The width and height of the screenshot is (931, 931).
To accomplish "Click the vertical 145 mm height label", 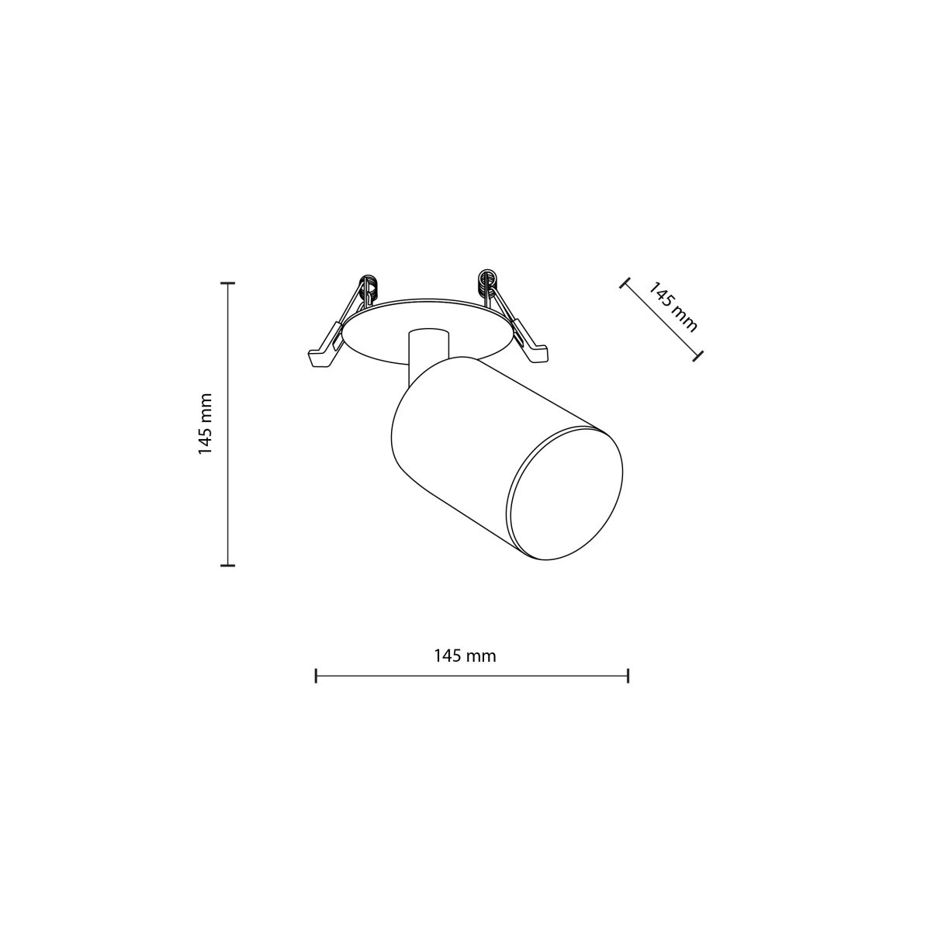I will (x=205, y=424).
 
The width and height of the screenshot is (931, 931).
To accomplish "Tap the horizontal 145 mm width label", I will (x=465, y=656).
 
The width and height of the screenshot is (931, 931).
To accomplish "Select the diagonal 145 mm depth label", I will (x=673, y=307).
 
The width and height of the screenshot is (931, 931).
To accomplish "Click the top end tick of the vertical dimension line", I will (x=227, y=284).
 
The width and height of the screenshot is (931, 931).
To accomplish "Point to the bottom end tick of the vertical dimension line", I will (x=227, y=566).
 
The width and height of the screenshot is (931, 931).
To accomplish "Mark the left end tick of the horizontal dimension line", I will (x=316, y=676).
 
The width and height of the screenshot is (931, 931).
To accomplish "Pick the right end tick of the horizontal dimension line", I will (x=628, y=676).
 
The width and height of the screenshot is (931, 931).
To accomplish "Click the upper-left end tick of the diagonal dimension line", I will (x=623, y=283).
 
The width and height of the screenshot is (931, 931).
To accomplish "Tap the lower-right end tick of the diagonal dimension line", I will (x=700, y=355).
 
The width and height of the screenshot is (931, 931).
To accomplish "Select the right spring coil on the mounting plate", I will (x=487, y=282).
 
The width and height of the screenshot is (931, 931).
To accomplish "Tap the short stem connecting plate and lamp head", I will (x=427, y=344).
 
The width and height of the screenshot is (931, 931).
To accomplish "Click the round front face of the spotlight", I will (x=565, y=493).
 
